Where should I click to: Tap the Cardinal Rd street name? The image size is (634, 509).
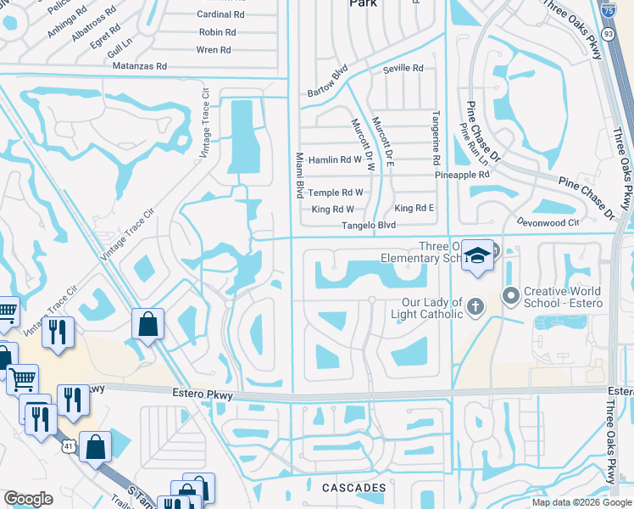[x=220, y=14]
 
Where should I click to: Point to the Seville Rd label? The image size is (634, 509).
[x=403, y=68]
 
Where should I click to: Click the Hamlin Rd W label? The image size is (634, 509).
[x=335, y=159]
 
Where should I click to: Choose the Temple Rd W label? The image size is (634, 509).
[x=335, y=193]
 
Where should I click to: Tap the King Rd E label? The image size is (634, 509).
[x=414, y=209]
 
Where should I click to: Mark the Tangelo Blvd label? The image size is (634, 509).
[x=369, y=226]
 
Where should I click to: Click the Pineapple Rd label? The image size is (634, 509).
[x=462, y=175]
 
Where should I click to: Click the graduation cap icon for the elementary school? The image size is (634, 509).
[x=477, y=255]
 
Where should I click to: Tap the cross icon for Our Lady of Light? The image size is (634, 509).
[x=476, y=305]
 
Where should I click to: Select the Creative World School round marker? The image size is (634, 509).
[x=510, y=295]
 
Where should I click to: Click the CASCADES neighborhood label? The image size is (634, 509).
[x=354, y=488]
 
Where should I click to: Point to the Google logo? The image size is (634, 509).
[x=28, y=499]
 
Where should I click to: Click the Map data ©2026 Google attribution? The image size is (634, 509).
[x=581, y=502]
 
